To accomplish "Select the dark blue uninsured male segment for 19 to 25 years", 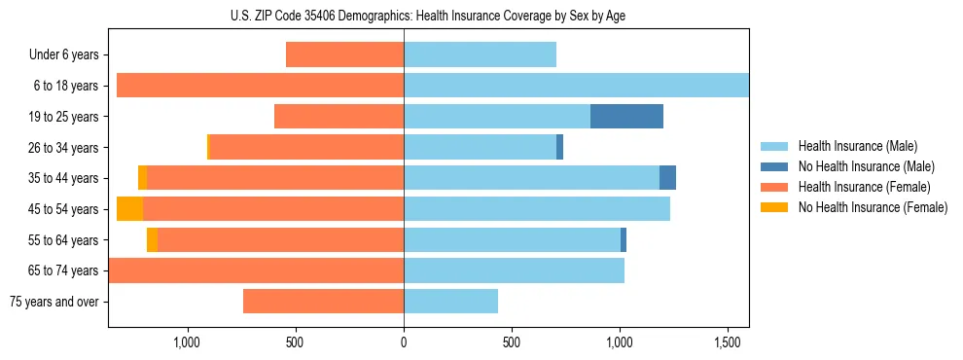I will [626, 117].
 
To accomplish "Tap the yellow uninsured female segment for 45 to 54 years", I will [129, 209].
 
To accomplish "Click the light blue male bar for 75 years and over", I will [450, 302].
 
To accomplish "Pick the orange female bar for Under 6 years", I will [344, 54].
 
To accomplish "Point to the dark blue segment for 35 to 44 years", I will [667, 178].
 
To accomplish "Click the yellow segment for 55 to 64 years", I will [152, 240].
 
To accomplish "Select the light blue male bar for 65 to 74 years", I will [514, 270].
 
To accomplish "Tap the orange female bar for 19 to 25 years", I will [339, 117].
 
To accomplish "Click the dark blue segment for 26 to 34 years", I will [559, 147].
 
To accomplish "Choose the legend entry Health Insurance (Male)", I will [857, 146].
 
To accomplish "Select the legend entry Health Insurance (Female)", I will [864, 187].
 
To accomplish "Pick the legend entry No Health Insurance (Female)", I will [873, 207].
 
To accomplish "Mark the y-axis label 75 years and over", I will [54, 302].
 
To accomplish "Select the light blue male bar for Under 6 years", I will [480, 54].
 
